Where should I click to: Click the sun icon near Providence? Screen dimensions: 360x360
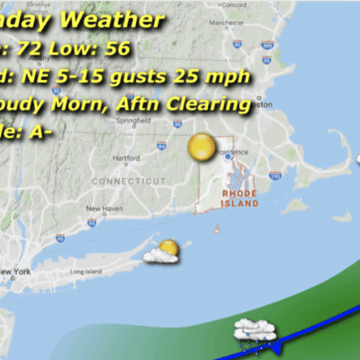pos(202,148)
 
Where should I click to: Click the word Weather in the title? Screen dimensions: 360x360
pos(121,20)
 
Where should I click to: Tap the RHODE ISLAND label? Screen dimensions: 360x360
pos(239,198)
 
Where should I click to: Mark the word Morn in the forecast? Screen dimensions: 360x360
pos(95,105)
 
